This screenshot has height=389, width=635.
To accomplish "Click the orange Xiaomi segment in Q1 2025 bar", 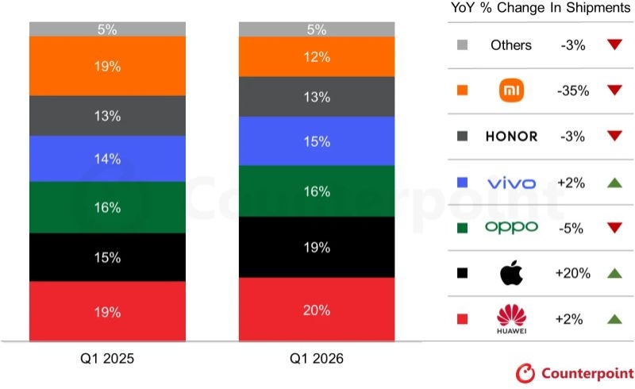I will pyautogui.click(x=107, y=66).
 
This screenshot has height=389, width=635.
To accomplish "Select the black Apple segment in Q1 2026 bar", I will pyautogui.click(x=316, y=247).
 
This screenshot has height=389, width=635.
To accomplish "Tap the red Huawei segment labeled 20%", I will pyautogui.click(x=316, y=310).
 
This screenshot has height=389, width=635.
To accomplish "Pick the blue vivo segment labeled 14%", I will pyautogui.click(x=107, y=159).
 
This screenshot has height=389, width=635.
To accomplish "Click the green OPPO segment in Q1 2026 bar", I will pyautogui.click(x=316, y=191).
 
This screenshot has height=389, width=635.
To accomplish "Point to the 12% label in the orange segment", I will pyautogui.click(x=316, y=56).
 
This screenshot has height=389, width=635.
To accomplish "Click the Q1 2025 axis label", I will pyautogui.click(x=107, y=359).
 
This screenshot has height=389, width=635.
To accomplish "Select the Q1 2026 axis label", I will pyautogui.click(x=316, y=359).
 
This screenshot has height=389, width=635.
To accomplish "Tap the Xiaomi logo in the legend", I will pyautogui.click(x=511, y=91).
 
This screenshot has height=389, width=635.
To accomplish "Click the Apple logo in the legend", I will pyautogui.click(x=511, y=273).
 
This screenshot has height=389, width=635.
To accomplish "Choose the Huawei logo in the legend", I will pyautogui.click(x=511, y=318).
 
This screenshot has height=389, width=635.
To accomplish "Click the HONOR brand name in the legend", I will pyautogui.click(x=511, y=137).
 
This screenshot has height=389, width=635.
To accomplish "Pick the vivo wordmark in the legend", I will pyautogui.click(x=511, y=183).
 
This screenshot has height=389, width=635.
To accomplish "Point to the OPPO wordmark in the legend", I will pyautogui.click(x=511, y=228).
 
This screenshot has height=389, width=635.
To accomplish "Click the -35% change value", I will pyautogui.click(x=571, y=91).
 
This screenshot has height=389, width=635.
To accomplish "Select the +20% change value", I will pyautogui.click(x=571, y=273).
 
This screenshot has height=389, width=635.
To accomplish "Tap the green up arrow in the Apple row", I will pyautogui.click(x=613, y=273).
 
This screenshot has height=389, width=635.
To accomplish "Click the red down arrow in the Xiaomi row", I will pyautogui.click(x=613, y=91).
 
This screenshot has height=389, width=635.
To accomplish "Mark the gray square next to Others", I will pyautogui.click(x=463, y=45).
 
